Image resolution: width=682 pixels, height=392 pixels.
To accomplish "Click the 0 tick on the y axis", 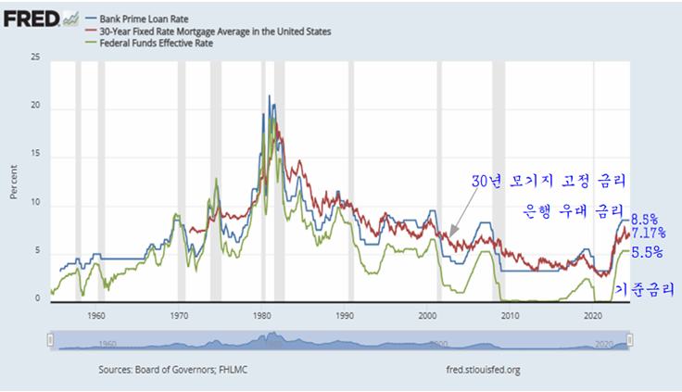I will (38, 299).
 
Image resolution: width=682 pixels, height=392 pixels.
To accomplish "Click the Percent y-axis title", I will (14, 182).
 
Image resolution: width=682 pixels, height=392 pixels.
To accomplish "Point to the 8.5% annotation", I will (645, 220).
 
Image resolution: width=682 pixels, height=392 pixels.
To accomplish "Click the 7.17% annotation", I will (649, 234).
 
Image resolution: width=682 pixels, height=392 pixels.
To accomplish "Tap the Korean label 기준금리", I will (645, 290).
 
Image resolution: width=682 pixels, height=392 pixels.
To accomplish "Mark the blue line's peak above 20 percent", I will (270, 95).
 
